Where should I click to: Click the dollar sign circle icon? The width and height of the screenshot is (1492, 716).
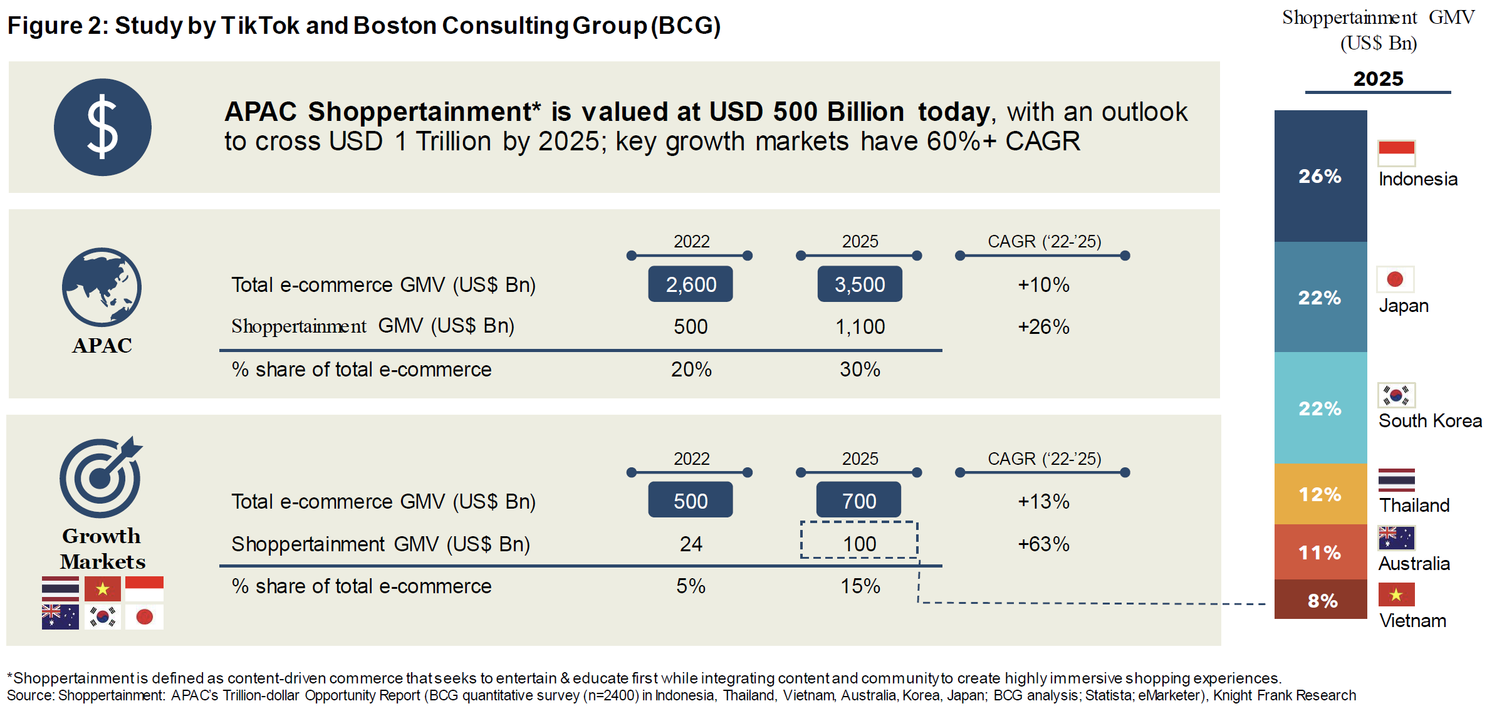(x=102, y=127)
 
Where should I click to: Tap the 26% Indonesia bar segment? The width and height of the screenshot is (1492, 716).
(x=1320, y=176)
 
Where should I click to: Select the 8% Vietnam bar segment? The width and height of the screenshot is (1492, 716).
(x=1320, y=599)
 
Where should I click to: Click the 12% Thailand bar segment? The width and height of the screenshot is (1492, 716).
(x=1320, y=494)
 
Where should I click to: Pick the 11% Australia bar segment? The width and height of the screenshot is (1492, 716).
(x=1320, y=552)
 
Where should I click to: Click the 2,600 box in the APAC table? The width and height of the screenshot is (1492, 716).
(x=691, y=284)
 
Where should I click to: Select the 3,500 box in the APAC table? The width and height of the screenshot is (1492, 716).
(x=860, y=284)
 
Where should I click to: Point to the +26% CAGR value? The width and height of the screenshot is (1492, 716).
(x=1043, y=326)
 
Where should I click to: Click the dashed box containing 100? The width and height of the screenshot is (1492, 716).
(x=859, y=540)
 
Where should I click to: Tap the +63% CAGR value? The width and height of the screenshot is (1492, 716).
(x=1043, y=544)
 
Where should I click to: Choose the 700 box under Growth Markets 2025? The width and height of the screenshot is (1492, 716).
(x=858, y=500)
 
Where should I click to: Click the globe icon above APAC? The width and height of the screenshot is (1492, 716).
(x=102, y=287)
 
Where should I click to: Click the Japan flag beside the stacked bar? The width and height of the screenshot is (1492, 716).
(x=1395, y=279)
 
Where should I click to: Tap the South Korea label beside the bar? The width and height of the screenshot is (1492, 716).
(x=1430, y=421)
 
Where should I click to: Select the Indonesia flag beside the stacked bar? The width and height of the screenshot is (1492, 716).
(x=1396, y=153)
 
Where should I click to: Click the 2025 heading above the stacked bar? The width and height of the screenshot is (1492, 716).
(x=1378, y=79)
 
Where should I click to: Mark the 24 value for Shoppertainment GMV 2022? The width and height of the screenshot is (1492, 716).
(x=691, y=544)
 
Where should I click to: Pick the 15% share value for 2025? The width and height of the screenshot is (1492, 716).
(x=860, y=586)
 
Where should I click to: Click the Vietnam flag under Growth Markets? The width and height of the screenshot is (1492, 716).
(x=103, y=589)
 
